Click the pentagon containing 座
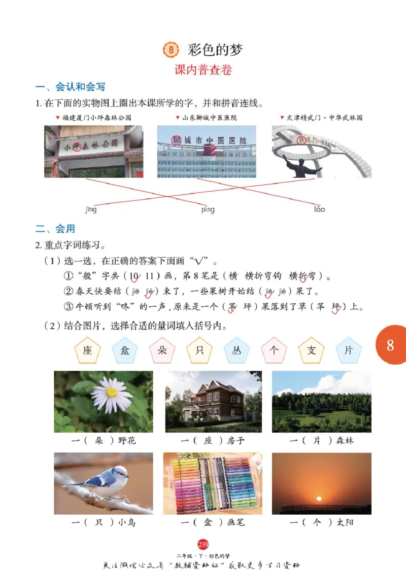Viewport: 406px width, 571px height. click(88, 350)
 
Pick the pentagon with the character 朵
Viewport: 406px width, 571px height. click(162, 350)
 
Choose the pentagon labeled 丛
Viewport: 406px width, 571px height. click(237, 350)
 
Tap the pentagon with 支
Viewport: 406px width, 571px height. click(311, 350)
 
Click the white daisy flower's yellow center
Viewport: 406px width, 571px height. click(112, 391)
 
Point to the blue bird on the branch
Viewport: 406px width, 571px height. click(104, 482)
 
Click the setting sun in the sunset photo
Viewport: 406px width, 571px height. click(319, 498)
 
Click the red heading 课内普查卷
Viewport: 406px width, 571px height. click(203, 70)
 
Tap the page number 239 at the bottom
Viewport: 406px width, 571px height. click(203, 545)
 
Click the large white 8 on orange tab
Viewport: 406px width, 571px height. click(390, 345)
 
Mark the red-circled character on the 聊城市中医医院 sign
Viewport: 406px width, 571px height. click(176, 140)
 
